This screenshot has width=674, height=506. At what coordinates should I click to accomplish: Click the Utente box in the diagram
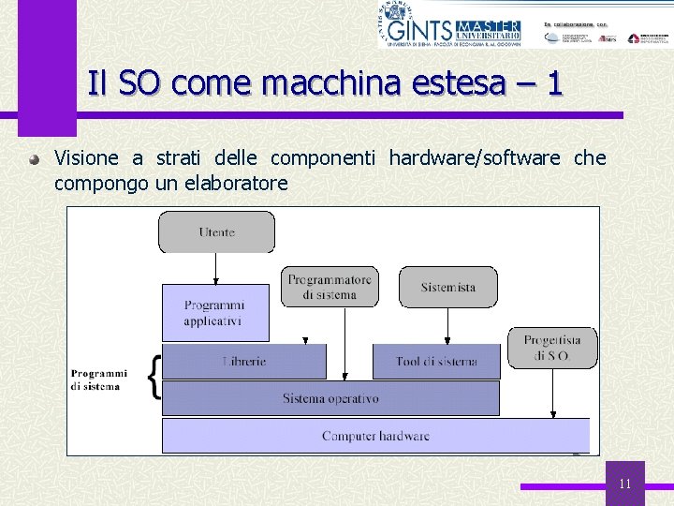[x=216, y=231]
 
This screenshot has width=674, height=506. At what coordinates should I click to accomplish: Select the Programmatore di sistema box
[x=330, y=287]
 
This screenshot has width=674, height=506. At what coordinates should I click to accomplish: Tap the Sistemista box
[x=447, y=287]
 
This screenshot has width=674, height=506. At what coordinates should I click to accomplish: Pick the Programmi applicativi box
[x=215, y=313]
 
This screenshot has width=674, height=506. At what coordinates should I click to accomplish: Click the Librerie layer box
[x=244, y=361]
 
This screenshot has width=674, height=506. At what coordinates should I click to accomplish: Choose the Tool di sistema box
[x=436, y=361]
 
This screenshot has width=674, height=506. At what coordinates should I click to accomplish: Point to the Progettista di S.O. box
[x=552, y=348]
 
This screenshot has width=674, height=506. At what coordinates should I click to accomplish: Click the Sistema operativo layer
[x=330, y=398]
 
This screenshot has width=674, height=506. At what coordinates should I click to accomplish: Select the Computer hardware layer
[x=375, y=436]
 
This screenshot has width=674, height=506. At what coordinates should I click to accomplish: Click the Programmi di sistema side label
[x=99, y=379]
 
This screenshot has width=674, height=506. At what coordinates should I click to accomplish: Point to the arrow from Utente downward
[x=216, y=269]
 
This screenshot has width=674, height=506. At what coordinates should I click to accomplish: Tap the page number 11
[x=625, y=484]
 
